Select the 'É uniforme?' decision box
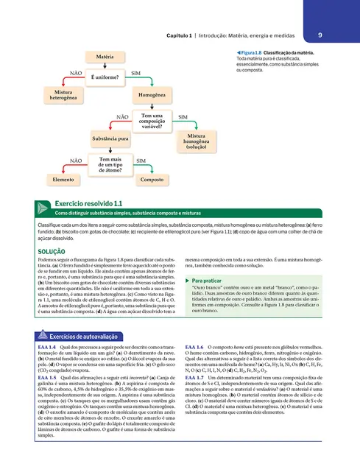pyautogui.click(x=105, y=77)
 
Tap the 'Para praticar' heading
pyautogui.click(x=208, y=281)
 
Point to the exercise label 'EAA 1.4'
pyautogui.click(x=46, y=346)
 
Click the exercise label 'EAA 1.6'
pyautogui.click(x=195, y=346)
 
